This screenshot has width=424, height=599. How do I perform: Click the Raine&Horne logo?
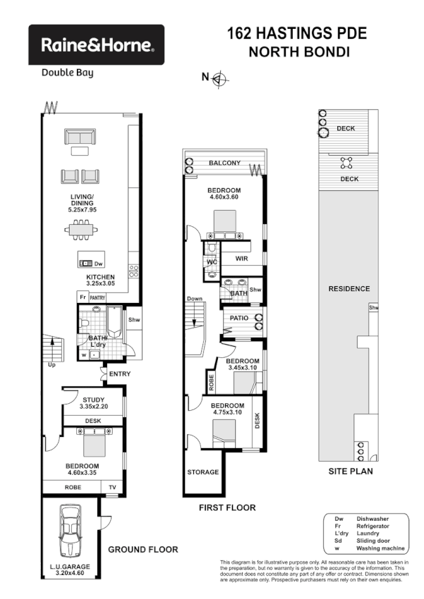[x=96, y=45]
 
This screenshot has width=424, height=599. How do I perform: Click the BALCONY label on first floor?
[x=225, y=163]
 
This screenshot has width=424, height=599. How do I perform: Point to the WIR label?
[x=241, y=259]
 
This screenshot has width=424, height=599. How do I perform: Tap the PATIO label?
[x=237, y=319]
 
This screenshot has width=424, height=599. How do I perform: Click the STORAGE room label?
[x=203, y=472]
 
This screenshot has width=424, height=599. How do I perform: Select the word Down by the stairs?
[x=195, y=299]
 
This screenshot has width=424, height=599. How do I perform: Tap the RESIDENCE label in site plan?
[x=349, y=289]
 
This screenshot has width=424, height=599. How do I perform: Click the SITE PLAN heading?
[x=351, y=471]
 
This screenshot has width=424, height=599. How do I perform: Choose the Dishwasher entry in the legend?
[x=372, y=519]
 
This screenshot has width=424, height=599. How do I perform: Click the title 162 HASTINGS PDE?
[x=296, y=33]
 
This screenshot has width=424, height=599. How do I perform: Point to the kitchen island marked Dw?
[x=91, y=259]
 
